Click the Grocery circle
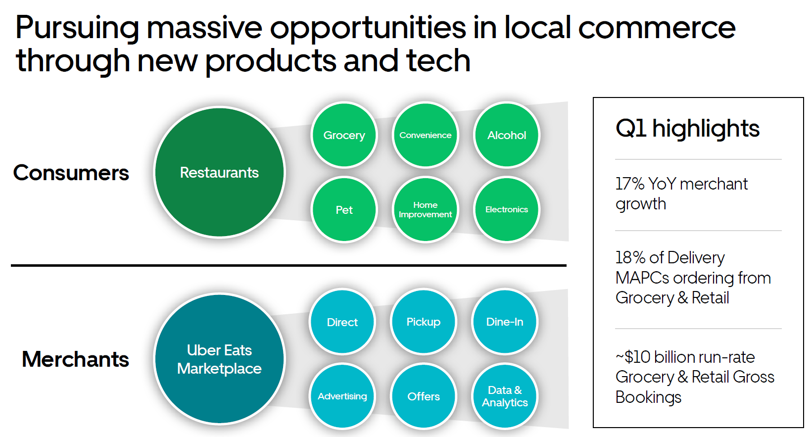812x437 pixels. [344, 135]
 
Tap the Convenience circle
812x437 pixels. [425, 135]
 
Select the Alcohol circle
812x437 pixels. [506, 135]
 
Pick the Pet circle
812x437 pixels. [344, 210]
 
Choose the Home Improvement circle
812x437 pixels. [425, 210]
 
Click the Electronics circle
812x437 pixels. [506, 210]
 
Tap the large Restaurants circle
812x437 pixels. [219, 172]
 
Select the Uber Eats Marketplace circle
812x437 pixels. [219, 359]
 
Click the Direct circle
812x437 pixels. [342, 322]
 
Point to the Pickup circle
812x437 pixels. [424, 322]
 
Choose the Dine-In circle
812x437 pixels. [505, 322]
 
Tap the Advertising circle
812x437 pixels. [342, 396]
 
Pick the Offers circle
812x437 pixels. [424, 396]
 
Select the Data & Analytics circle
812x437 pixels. [505, 396]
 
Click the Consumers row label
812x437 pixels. [71, 173]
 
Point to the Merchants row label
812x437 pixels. [75, 359]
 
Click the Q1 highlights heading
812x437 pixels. [687, 128]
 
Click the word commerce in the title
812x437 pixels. [657, 28]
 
